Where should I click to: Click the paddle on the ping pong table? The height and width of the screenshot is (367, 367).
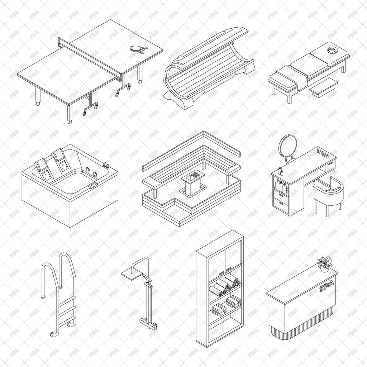(136, 49)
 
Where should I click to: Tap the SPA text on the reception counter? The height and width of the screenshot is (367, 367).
(327, 286)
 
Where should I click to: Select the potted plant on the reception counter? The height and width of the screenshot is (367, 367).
(325, 263)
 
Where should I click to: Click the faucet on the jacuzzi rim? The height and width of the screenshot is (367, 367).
(106, 166)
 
